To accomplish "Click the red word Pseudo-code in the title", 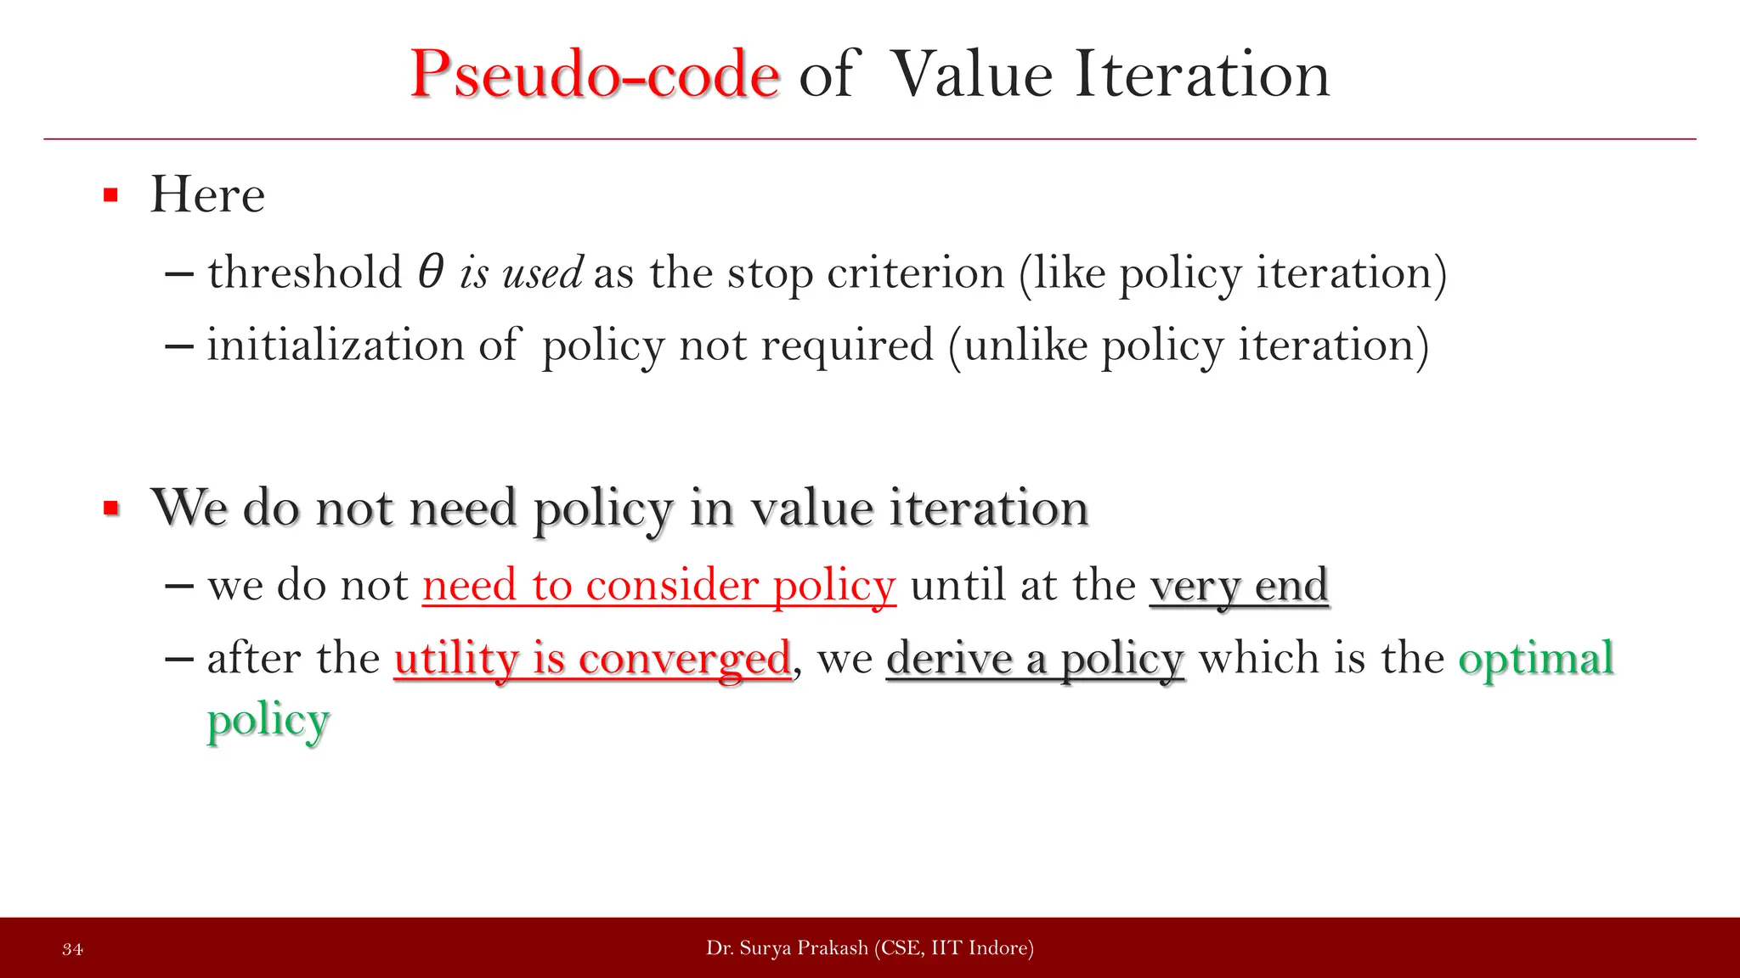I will coord(594,75).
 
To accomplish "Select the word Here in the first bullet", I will coord(207,194).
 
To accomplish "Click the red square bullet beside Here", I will coord(110,195).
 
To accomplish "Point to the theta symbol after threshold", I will coord(431,273).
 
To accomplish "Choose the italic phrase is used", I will coord(521,273).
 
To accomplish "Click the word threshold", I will coord(304,273).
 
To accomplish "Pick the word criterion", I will coord(915,273).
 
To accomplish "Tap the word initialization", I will coord(335,346).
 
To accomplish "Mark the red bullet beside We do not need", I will coord(110,509).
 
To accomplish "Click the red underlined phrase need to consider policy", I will coord(658,586).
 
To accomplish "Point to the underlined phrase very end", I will coord(1239,586).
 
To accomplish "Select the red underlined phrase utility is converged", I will coord(592,659).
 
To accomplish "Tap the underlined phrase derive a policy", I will coord(1035,659).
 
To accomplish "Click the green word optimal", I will coord(1536,659).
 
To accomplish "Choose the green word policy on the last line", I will coord(268,721).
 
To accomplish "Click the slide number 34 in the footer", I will coord(72,949).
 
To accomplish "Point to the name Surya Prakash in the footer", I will coord(803,948).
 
